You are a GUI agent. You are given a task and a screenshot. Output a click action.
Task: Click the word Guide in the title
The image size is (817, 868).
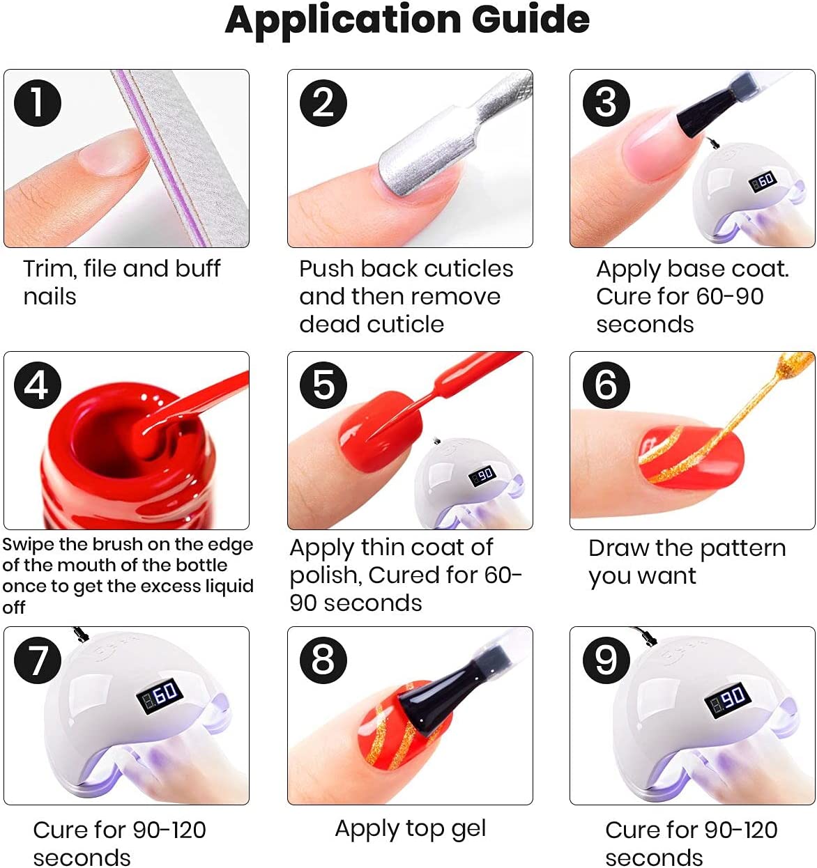tap(530, 20)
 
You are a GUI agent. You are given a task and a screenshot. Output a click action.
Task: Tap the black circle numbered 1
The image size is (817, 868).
tap(38, 103)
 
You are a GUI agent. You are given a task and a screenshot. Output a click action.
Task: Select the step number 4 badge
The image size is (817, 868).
tap(38, 385)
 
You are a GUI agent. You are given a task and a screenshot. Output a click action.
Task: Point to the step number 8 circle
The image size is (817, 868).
tap(323, 660)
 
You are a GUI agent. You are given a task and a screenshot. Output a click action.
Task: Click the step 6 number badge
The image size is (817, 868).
tap(606, 385)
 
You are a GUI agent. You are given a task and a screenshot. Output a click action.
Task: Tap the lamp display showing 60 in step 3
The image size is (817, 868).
tap(763, 181)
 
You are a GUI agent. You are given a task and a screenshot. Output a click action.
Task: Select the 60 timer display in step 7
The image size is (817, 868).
tap(160, 695)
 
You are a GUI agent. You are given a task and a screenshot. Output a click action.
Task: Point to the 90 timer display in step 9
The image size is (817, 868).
tap(727, 699)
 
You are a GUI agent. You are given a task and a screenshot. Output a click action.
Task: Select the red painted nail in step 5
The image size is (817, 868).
tap(380, 432)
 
